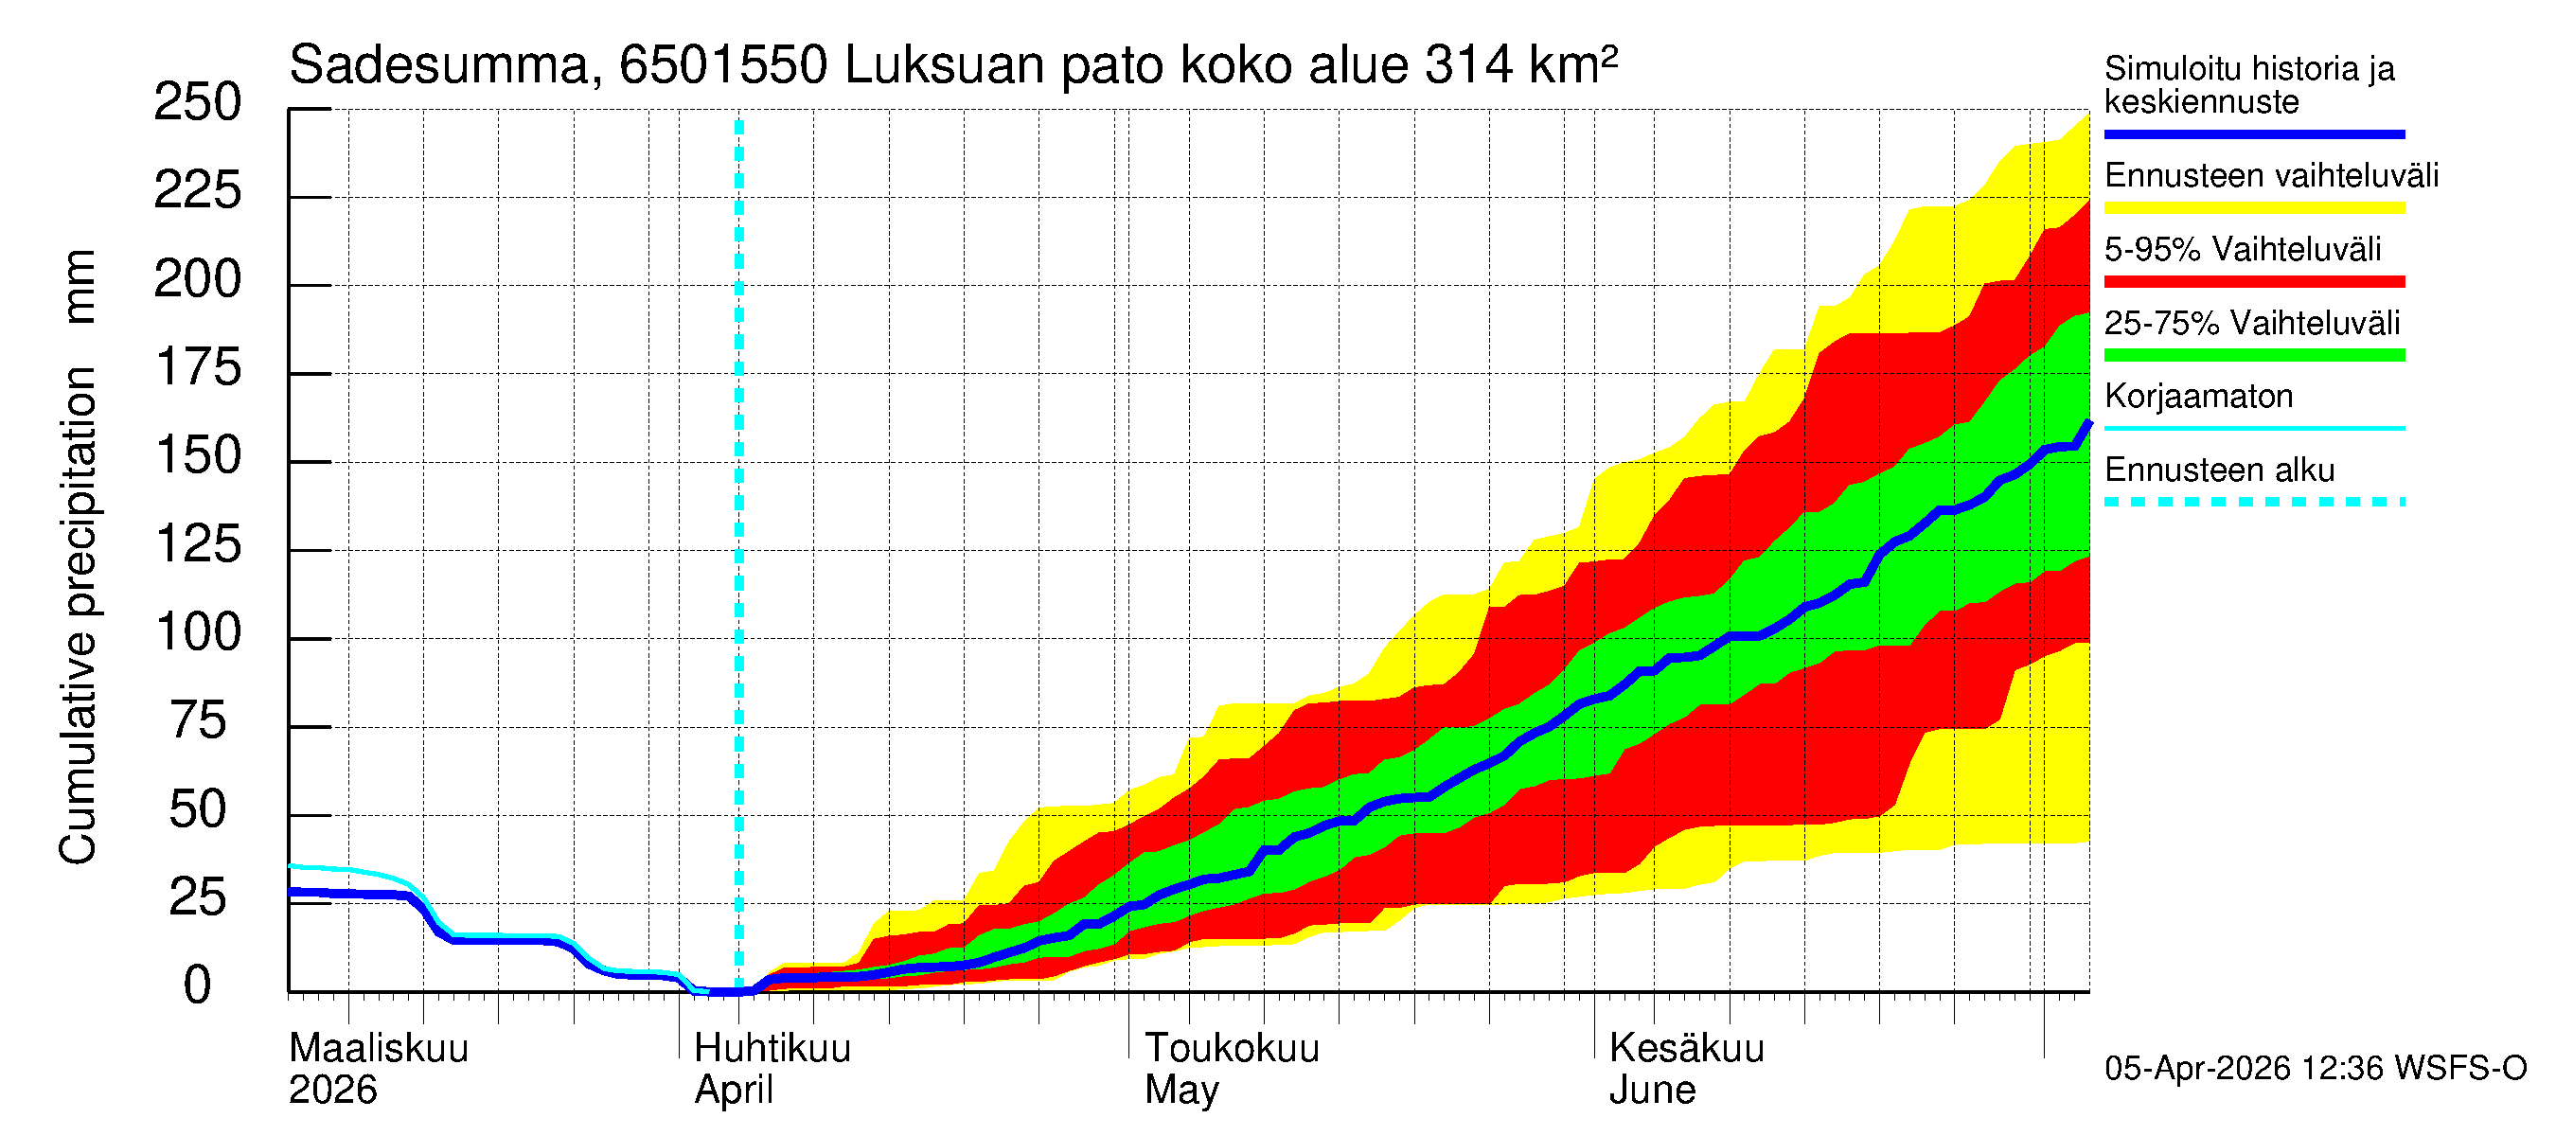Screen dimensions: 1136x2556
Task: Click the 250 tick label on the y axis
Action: click(x=198, y=102)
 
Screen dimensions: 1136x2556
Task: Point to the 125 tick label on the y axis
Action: click(x=198, y=544)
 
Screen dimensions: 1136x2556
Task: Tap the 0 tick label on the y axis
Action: click(x=198, y=986)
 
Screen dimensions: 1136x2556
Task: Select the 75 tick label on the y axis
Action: click(x=198, y=721)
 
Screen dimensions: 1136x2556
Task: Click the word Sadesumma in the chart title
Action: click(x=438, y=65)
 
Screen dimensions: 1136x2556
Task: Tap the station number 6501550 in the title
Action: click(x=722, y=65)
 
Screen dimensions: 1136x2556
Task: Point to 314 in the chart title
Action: click(x=1468, y=65)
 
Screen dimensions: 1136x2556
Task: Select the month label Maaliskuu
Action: click(x=378, y=1049)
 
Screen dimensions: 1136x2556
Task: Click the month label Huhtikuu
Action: click(x=772, y=1049)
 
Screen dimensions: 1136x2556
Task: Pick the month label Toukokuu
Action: click(x=1232, y=1049)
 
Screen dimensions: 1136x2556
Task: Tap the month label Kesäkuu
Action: click(x=1687, y=1049)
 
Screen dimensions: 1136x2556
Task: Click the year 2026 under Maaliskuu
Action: click(x=332, y=1091)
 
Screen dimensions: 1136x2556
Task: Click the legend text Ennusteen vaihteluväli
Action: click(x=2271, y=176)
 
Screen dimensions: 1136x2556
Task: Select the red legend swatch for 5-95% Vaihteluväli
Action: click(x=2254, y=282)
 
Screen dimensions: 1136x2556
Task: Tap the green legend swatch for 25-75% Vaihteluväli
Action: click(x=2254, y=355)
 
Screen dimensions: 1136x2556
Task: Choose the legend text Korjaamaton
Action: click(x=2199, y=397)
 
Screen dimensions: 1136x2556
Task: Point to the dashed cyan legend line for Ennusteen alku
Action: click(x=2254, y=502)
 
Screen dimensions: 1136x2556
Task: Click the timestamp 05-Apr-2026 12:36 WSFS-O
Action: click(x=2316, y=1069)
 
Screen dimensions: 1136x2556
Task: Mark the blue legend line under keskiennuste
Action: click(x=2254, y=133)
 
